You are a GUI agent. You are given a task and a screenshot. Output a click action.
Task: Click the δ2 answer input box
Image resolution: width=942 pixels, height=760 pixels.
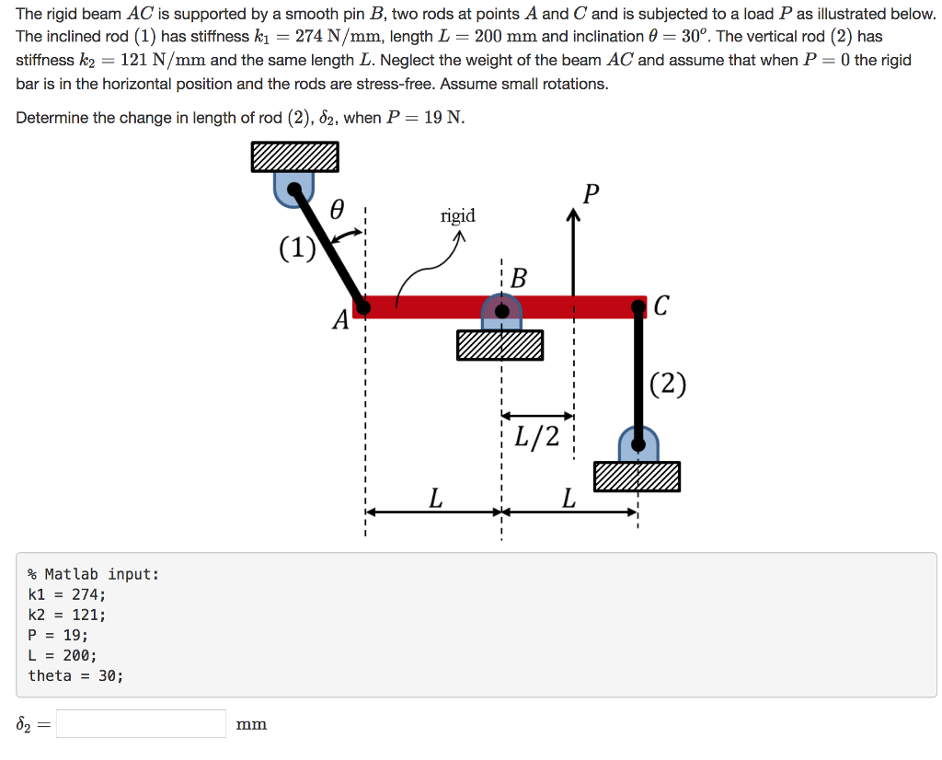click(x=141, y=724)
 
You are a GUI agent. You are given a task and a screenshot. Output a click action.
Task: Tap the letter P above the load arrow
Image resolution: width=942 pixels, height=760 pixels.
click(x=592, y=194)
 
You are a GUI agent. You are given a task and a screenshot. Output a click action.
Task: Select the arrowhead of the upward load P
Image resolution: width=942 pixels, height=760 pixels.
click(x=574, y=214)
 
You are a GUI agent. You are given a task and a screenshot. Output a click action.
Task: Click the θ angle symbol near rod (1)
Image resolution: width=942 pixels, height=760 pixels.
click(x=338, y=209)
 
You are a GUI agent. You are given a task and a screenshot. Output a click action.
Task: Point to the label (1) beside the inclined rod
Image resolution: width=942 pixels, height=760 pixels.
click(x=297, y=248)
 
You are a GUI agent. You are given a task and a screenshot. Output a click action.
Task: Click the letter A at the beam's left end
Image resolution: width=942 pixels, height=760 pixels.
click(x=340, y=319)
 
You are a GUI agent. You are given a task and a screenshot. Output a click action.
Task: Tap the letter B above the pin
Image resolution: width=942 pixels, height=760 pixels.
click(x=519, y=278)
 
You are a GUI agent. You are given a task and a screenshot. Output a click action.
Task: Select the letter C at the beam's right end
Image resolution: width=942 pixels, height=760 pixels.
click(x=661, y=305)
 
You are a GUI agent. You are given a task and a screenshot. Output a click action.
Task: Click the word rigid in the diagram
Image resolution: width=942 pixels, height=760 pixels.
click(x=458, y=216)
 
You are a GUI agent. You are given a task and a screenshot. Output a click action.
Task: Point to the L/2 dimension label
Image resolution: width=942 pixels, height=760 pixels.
click(x=536, y=437)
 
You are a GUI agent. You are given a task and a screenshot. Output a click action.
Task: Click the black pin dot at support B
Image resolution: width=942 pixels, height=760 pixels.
click(x=502, y=311)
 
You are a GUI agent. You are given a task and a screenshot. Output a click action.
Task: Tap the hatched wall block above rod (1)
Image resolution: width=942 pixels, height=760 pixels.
click(x=295, y=156)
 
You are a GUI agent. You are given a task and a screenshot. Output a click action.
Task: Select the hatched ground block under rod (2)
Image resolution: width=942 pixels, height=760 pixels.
click(x=637, y=477)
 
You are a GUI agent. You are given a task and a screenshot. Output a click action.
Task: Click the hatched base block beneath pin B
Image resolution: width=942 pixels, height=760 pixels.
click(x=500, y=345)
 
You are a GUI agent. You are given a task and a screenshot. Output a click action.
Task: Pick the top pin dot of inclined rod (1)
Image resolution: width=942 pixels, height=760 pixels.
click(x=294, y=190)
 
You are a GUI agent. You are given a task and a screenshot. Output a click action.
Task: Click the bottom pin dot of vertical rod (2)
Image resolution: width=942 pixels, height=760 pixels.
click(x=638, y=444)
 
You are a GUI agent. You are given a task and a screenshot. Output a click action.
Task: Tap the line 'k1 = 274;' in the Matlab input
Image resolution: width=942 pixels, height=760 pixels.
click(x=66, y=594)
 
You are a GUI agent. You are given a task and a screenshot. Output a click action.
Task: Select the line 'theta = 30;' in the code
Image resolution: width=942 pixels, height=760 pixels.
click(x=75, y=676)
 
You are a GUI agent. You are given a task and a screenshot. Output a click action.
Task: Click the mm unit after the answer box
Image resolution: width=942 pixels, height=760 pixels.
click(x=251, y=724)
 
